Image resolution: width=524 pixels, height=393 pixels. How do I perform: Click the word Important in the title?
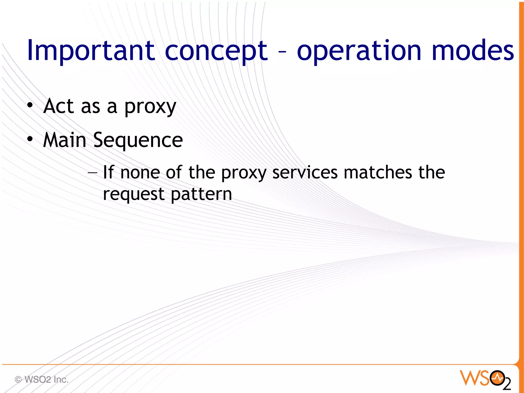tap(91, 51)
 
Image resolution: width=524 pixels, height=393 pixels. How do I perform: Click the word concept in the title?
tap(216, 51)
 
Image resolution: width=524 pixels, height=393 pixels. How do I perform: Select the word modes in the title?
tap(473, 51)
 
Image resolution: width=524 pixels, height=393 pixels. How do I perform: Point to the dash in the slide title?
tap(282, 52)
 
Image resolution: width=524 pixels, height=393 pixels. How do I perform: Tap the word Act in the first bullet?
tap(59, 106)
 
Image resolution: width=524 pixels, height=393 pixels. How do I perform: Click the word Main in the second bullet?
tap(64, 140)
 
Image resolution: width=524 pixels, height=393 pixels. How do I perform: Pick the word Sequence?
tap(138, 141)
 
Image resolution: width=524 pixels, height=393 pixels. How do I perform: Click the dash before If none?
tap(92, 173)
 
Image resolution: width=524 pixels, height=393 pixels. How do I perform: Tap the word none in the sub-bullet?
tap(140, 173)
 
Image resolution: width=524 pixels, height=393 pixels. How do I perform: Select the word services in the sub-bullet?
tap(305, 173)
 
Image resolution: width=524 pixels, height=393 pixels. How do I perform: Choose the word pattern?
tap(201, 195)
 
